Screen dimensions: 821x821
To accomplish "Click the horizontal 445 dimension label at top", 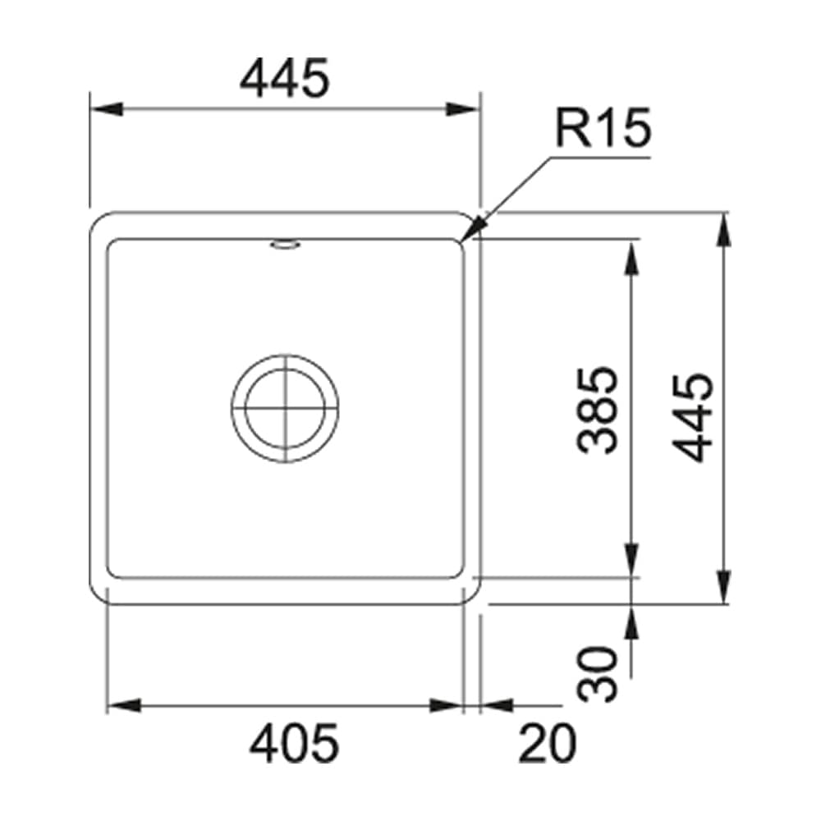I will pos(285,78).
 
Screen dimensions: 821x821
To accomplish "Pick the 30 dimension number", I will pos(597,673).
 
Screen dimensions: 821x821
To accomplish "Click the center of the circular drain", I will pos(284,408).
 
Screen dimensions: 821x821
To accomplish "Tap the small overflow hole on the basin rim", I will pos(285,245).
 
